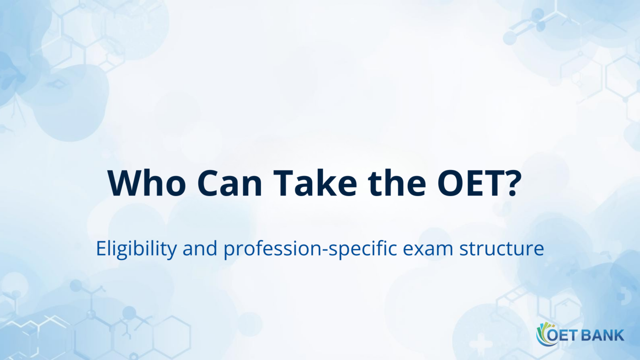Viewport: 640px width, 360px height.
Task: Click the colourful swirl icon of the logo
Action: [543, 334]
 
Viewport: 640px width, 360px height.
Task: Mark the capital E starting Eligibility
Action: [100, 249]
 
